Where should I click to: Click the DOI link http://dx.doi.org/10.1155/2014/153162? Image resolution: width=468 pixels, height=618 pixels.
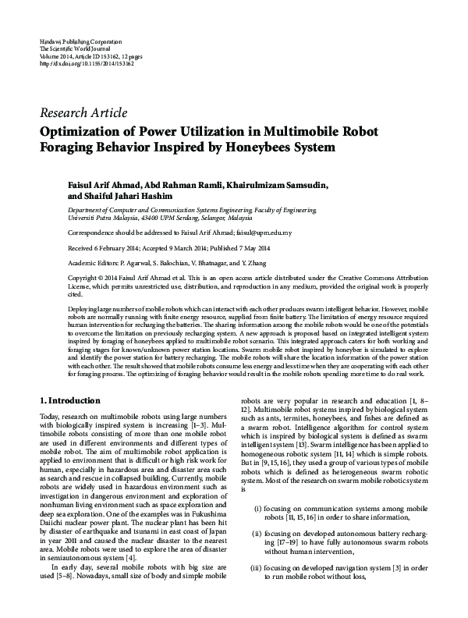coord(86,63)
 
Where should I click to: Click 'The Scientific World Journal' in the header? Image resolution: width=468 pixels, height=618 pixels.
coord(76,47)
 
